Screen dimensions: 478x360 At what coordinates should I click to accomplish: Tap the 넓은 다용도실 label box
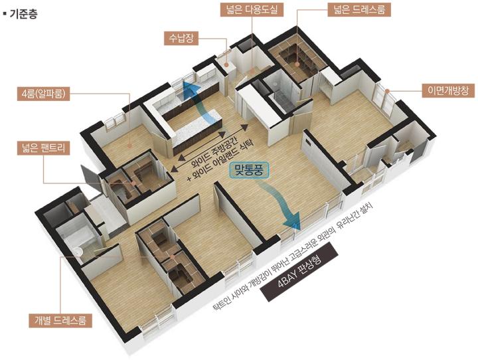[x=252, y=10]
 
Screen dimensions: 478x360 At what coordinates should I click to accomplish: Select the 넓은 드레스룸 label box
[x=359, y=10]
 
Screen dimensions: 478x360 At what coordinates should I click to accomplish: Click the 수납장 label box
[x=181, y=39]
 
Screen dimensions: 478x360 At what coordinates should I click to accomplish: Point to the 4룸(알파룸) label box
[x=43, y=94]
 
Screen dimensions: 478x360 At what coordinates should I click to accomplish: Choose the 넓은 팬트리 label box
[x=43, y=148]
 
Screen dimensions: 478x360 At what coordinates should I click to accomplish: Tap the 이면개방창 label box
[x=448, y=90]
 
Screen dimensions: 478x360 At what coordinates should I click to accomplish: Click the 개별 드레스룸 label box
[x=60, y=321]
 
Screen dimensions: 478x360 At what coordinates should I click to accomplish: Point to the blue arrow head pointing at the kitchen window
[x=191, y=88]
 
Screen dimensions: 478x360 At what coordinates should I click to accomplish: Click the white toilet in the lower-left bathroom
[x=78, y=252]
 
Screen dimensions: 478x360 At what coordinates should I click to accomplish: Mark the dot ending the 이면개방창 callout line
[x=387, y=90]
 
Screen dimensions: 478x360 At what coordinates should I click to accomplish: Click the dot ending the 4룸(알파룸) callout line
[x=130, y=146]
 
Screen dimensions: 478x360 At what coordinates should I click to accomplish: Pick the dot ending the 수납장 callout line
[x=226, y=64]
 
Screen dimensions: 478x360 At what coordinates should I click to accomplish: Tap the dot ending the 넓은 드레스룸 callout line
[x=297, y=64]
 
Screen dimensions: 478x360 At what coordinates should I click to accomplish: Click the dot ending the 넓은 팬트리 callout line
[x=133, y=183]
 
